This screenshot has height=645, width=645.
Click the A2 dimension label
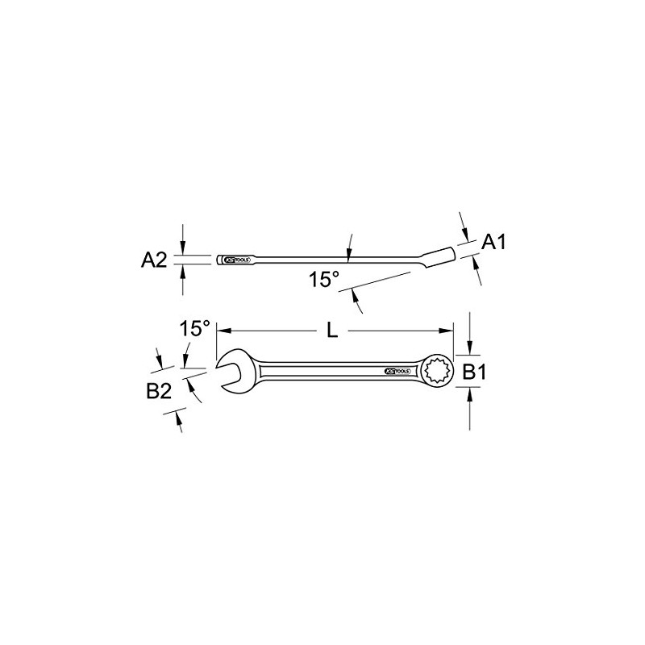[x=154, y=260]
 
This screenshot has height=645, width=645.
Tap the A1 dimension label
[x=493, y=242]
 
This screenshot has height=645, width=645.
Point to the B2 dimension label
[x=159, y=393]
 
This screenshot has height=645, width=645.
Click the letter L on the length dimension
[x=331, y=330]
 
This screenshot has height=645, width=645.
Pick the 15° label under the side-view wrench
[x=324, y=279]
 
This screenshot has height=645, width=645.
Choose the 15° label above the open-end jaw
[x=194, y=329]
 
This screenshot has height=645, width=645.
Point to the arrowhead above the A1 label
[x=464, y=230]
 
